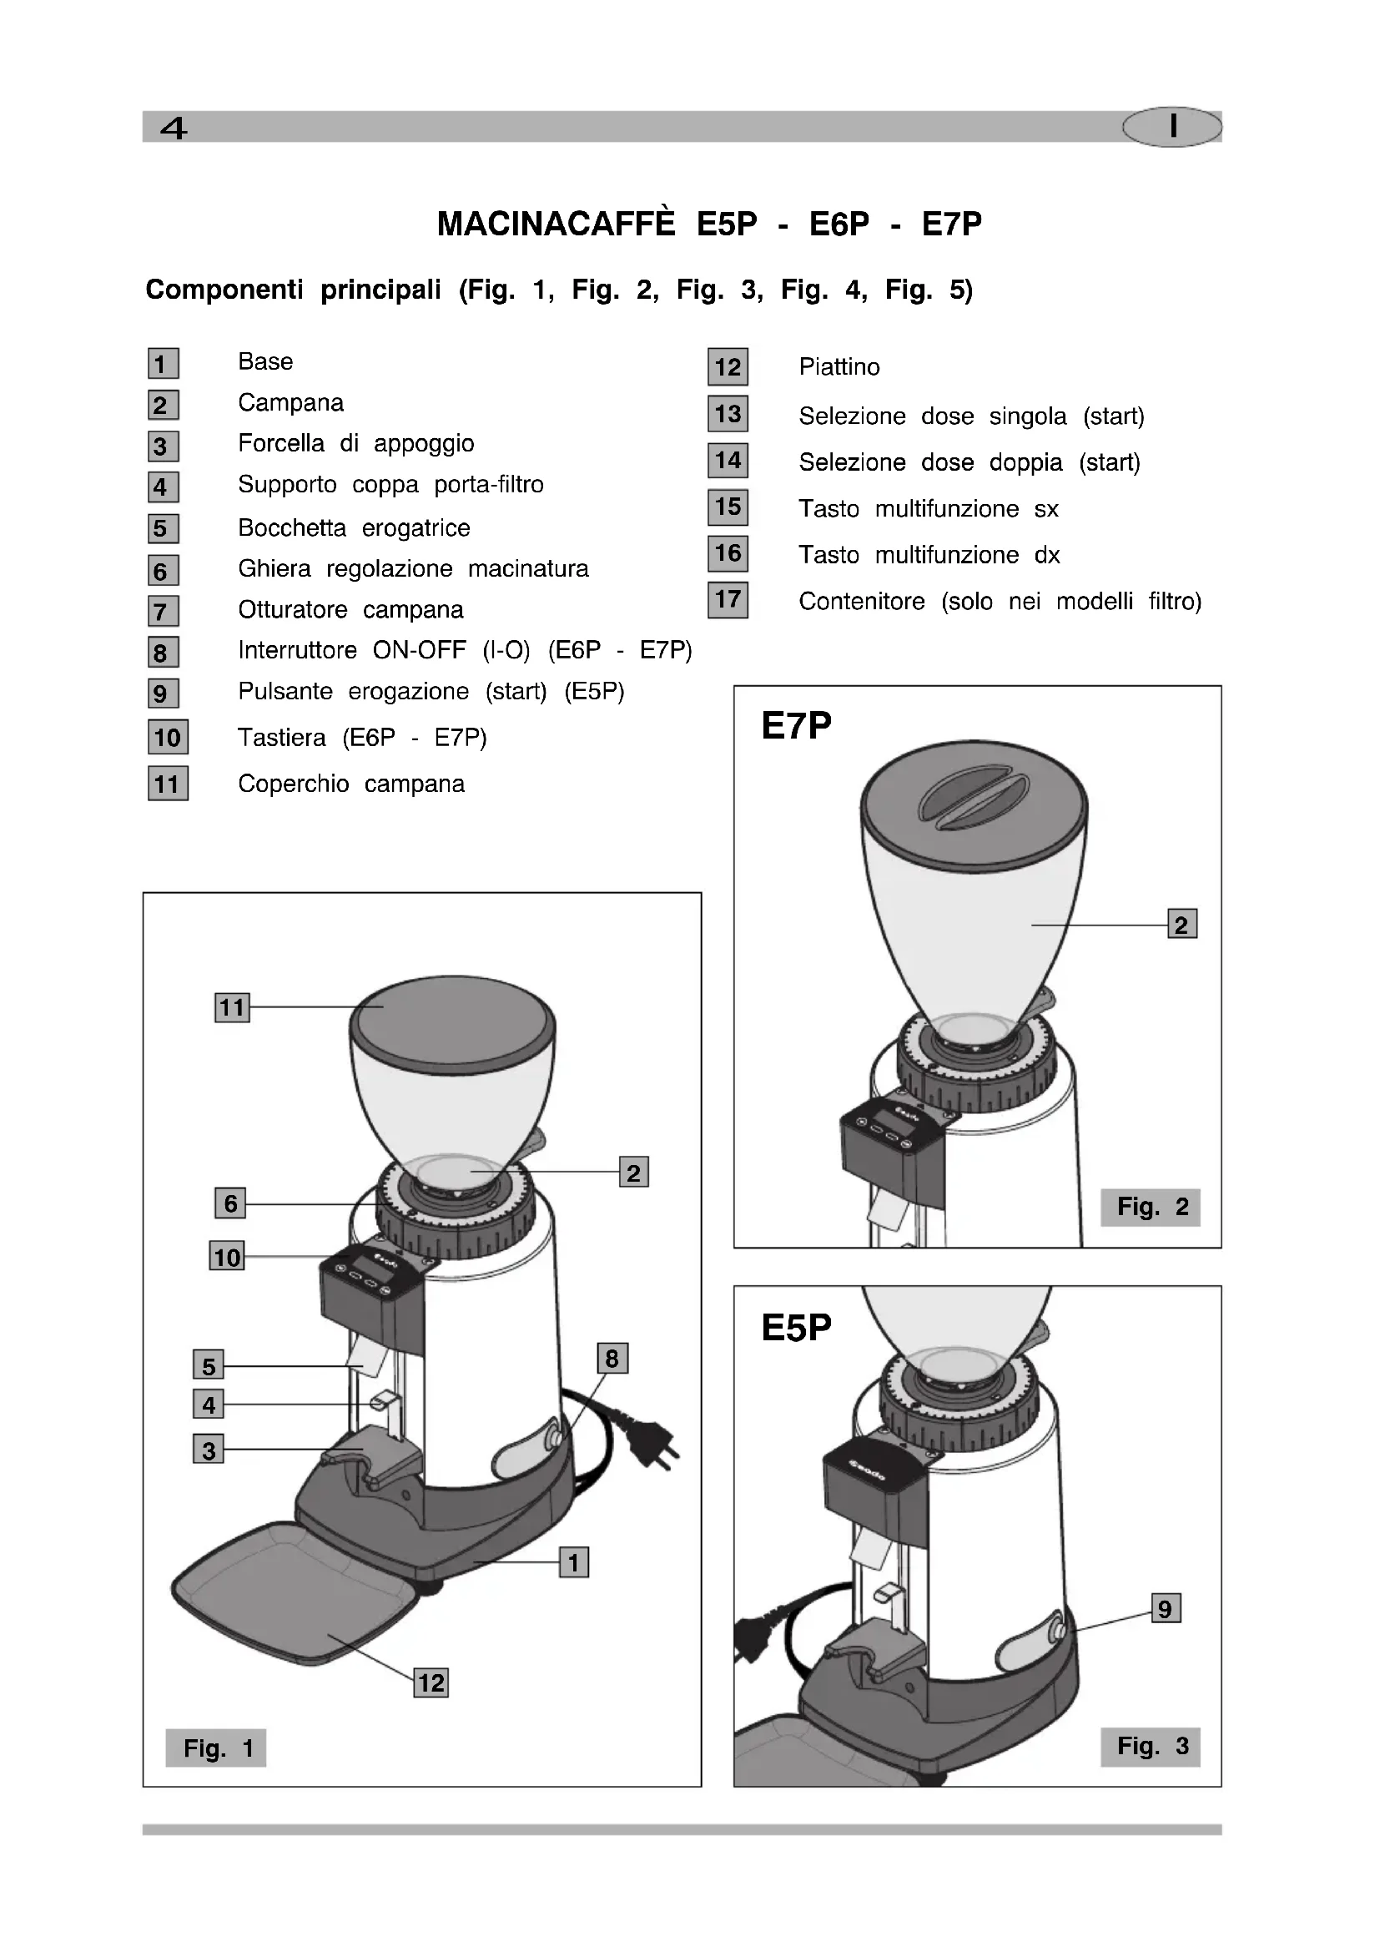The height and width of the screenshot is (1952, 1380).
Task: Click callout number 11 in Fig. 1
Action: pyautogui.click(x=231, y=1007)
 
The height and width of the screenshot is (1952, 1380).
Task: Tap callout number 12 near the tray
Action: pyautogui.click(x=431, y=1682)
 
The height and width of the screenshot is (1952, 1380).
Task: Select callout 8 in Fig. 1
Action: pyautogui.click(x=612, y=1358)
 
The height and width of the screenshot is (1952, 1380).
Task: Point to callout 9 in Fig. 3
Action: pyautogui.click(x=1165, y=1608)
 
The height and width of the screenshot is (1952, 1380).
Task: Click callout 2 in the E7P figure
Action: pyautogui.click(x=1181, y=924)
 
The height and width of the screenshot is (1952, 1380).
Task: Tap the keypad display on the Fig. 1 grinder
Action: pyautogui.click(x=370, y=1270)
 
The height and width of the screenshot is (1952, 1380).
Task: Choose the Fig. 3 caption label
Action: pyautogui.click(x=1151, y=1746)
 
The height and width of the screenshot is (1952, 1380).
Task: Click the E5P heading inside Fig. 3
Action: pyautogui.click(x=796, y=1327)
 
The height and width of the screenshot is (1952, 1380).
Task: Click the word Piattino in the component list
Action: pyautogui.click(x=839, y=367)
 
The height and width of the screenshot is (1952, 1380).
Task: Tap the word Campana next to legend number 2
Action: pyautogui.click(x=290, y=403)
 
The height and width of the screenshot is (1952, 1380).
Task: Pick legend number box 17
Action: pyautogui.click(x=728, y=600)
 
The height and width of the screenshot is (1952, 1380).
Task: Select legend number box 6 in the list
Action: pyautogui.click(x=162, y=571)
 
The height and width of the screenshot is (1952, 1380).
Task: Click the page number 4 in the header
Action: pyautogui.click(x=174, y=129)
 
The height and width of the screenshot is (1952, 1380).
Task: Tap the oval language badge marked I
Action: pyautogui.click(x=1171, y=127)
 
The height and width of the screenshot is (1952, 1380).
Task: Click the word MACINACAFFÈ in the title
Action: pyautogui.click(x=556, y=224)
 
